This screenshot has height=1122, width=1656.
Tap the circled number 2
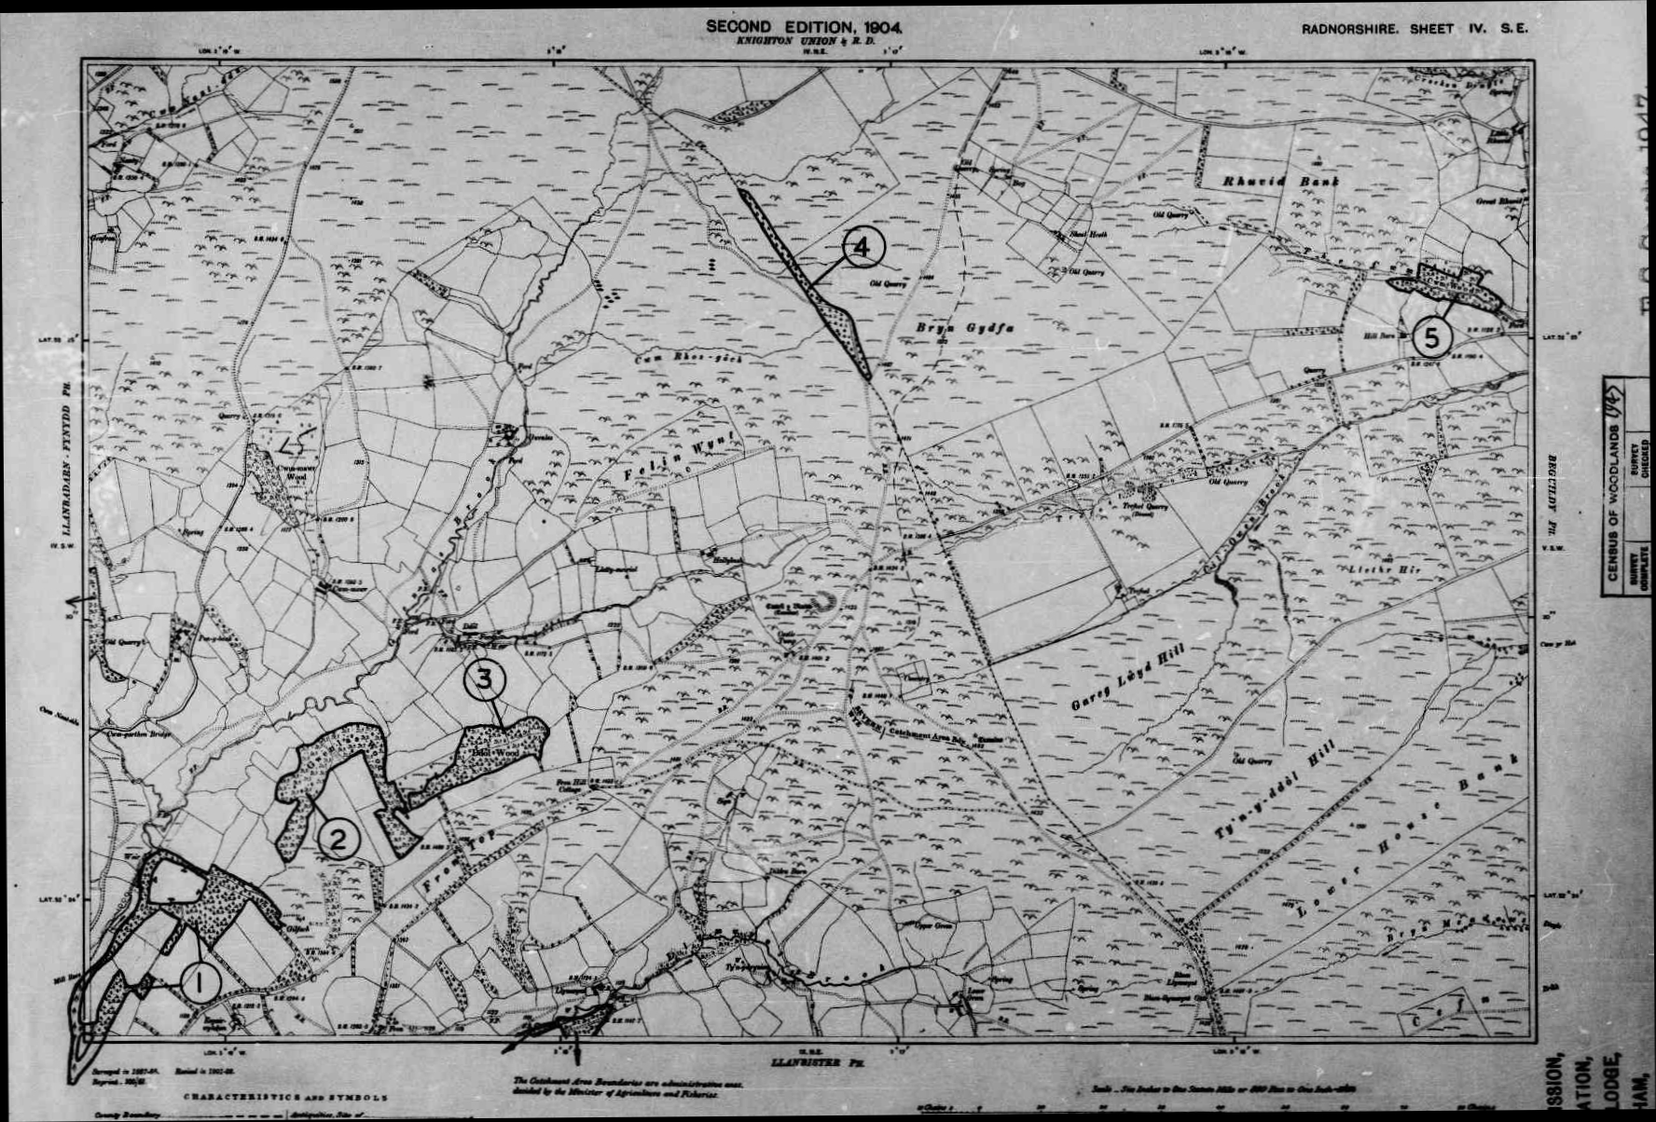[338, 841]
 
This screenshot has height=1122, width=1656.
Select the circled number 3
[484, 678]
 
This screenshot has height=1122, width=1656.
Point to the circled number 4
[862, 247]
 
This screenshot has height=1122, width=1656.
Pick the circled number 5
[1431, 338]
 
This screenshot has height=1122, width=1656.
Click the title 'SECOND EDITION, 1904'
[803, 27]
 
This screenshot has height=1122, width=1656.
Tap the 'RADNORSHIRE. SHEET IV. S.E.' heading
[1414, 29]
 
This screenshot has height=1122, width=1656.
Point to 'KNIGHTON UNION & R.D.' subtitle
[803, 43]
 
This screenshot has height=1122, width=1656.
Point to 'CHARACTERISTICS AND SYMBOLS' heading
[285, 1098]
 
